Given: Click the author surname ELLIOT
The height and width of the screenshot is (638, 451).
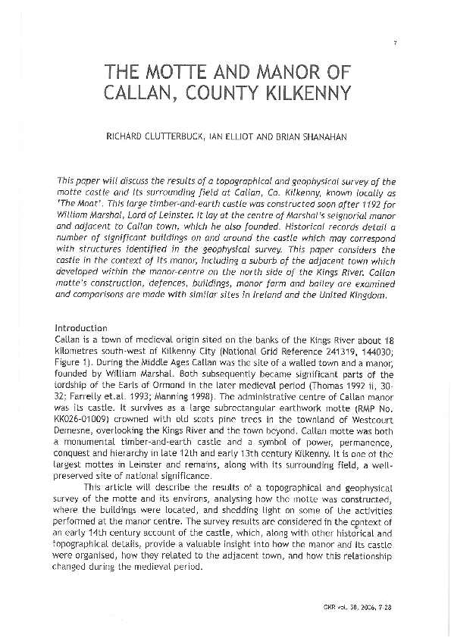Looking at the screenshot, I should pyautogui.click(x=235, y=139).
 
